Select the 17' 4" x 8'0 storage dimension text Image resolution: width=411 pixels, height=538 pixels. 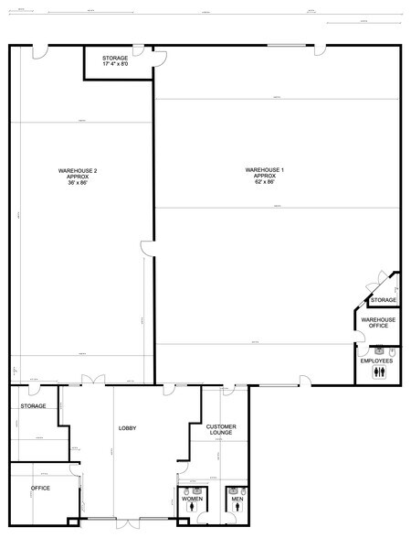tap(115, 64)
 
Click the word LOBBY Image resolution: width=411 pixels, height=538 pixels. tap(127, 428)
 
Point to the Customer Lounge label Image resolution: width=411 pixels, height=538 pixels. tap(222, 429)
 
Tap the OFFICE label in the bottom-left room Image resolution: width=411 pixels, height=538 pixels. tap(40, 489)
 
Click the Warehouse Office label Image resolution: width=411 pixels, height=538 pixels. tap(377, 323)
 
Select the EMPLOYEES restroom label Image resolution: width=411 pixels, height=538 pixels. tap(376, 360)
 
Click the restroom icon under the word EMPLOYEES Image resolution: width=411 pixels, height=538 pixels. tap(376, 372)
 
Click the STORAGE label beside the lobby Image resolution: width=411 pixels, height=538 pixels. tap(34, 405)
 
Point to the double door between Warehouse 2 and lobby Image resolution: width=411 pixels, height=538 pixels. tap(89, 381)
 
